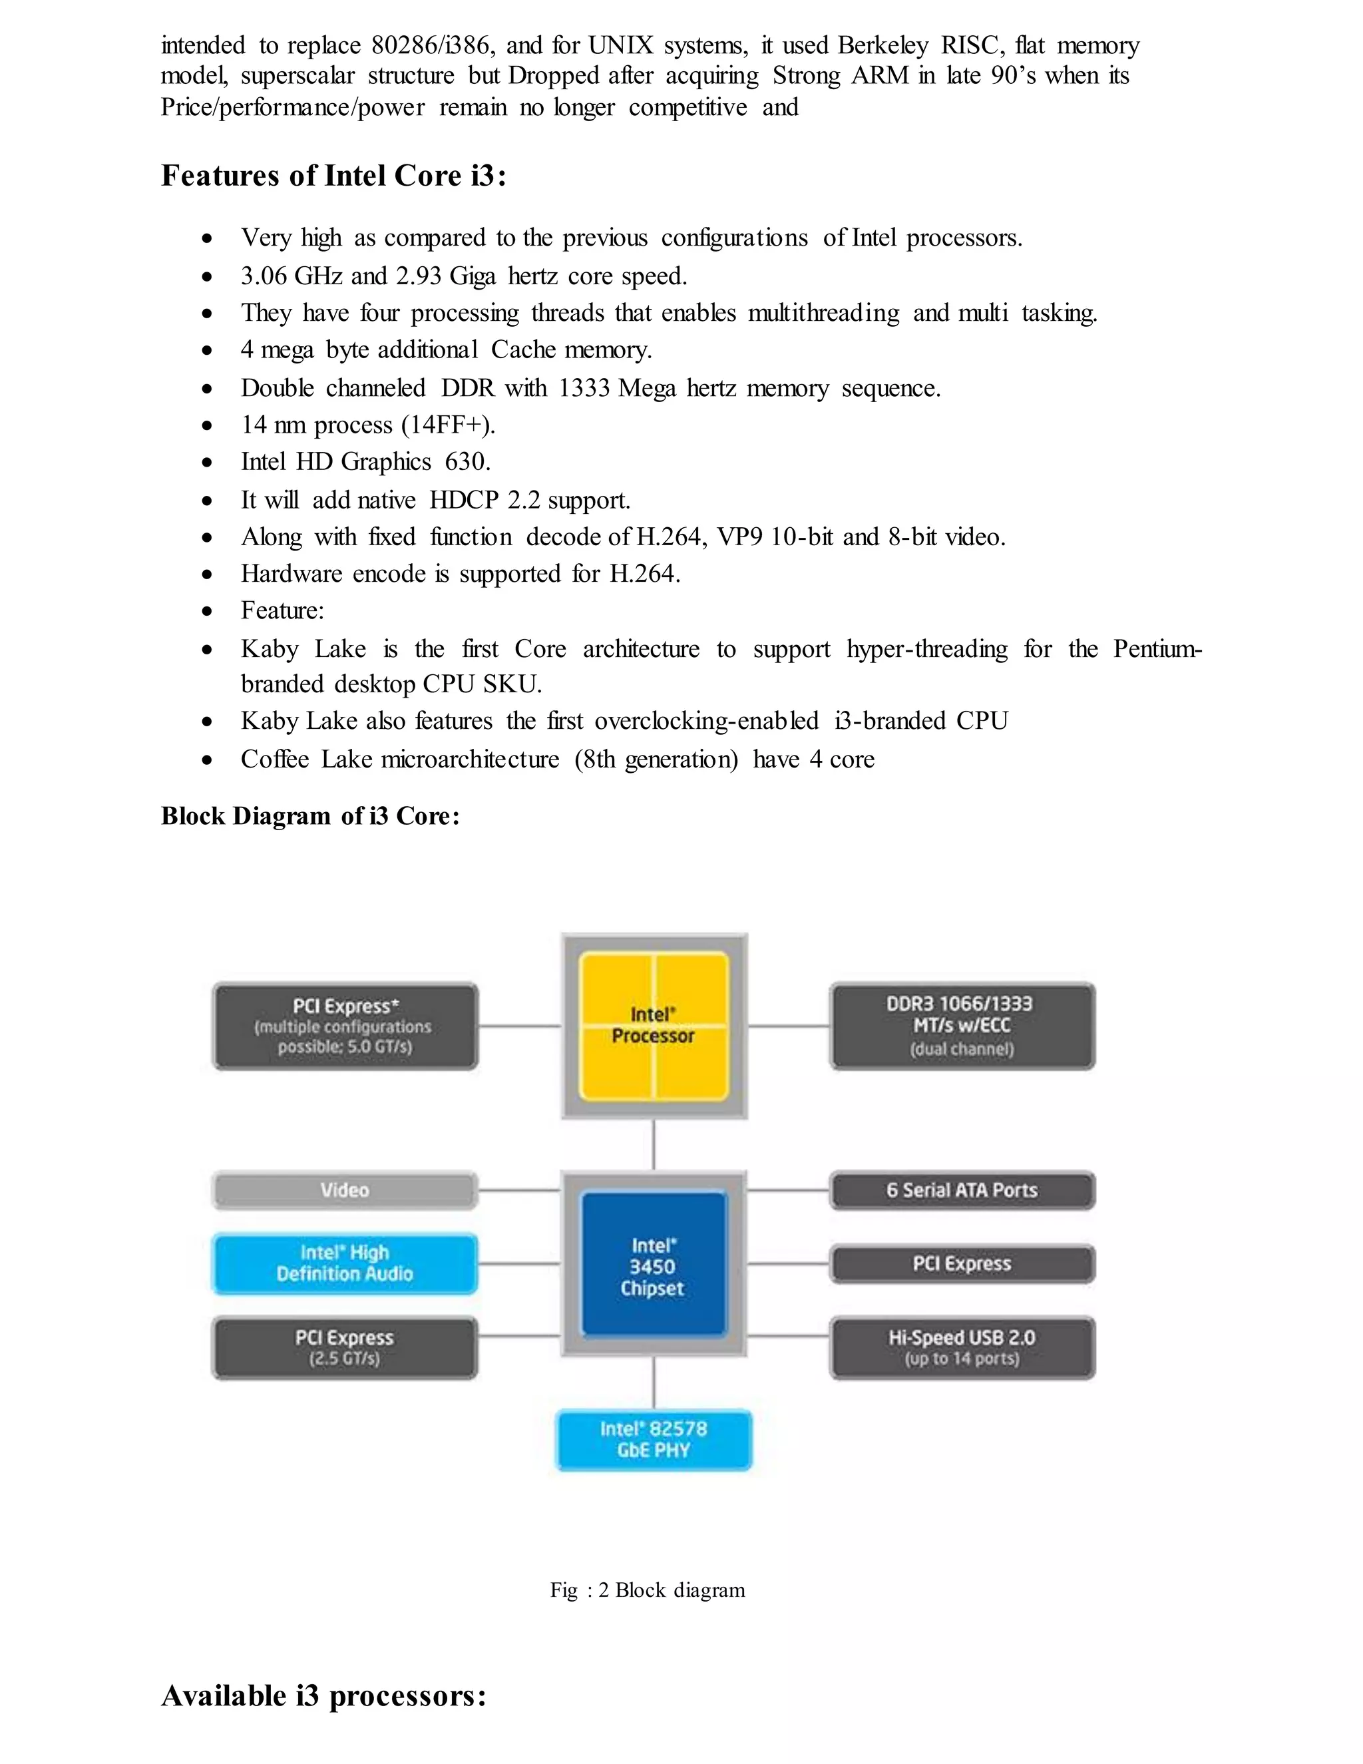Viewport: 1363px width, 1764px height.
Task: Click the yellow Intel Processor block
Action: pos(654,1026)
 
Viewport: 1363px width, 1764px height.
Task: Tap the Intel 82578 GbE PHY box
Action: pos(654,1439)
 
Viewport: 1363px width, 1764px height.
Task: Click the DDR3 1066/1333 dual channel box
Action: pos(962,1026)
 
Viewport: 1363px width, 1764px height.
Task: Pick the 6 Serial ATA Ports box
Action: pos(962,1191)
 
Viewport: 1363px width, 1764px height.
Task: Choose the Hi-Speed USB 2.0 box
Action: pos(962,1347)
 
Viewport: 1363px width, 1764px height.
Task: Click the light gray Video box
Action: pos(345,1191)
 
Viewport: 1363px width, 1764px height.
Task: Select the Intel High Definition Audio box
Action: pos(345,1263)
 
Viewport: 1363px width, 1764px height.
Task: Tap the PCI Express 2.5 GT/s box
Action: pos(345,1347)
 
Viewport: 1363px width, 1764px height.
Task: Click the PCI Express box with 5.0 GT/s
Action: pos(345,1026)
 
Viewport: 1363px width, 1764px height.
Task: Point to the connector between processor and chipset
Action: pos(654,1144)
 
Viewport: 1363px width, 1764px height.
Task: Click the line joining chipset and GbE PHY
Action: pos(654,1383)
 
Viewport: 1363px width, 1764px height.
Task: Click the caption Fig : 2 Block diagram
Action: pos(648,1590)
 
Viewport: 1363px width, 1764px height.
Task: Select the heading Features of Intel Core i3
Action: pos(333,175)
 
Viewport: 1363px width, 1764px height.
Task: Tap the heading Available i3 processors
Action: pos(324,1695)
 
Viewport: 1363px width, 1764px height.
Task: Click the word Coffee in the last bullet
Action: pos(275,760)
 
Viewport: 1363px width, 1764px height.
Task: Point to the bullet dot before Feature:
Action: pos(208,612)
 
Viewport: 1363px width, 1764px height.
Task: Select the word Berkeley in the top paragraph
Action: pos(882,45)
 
